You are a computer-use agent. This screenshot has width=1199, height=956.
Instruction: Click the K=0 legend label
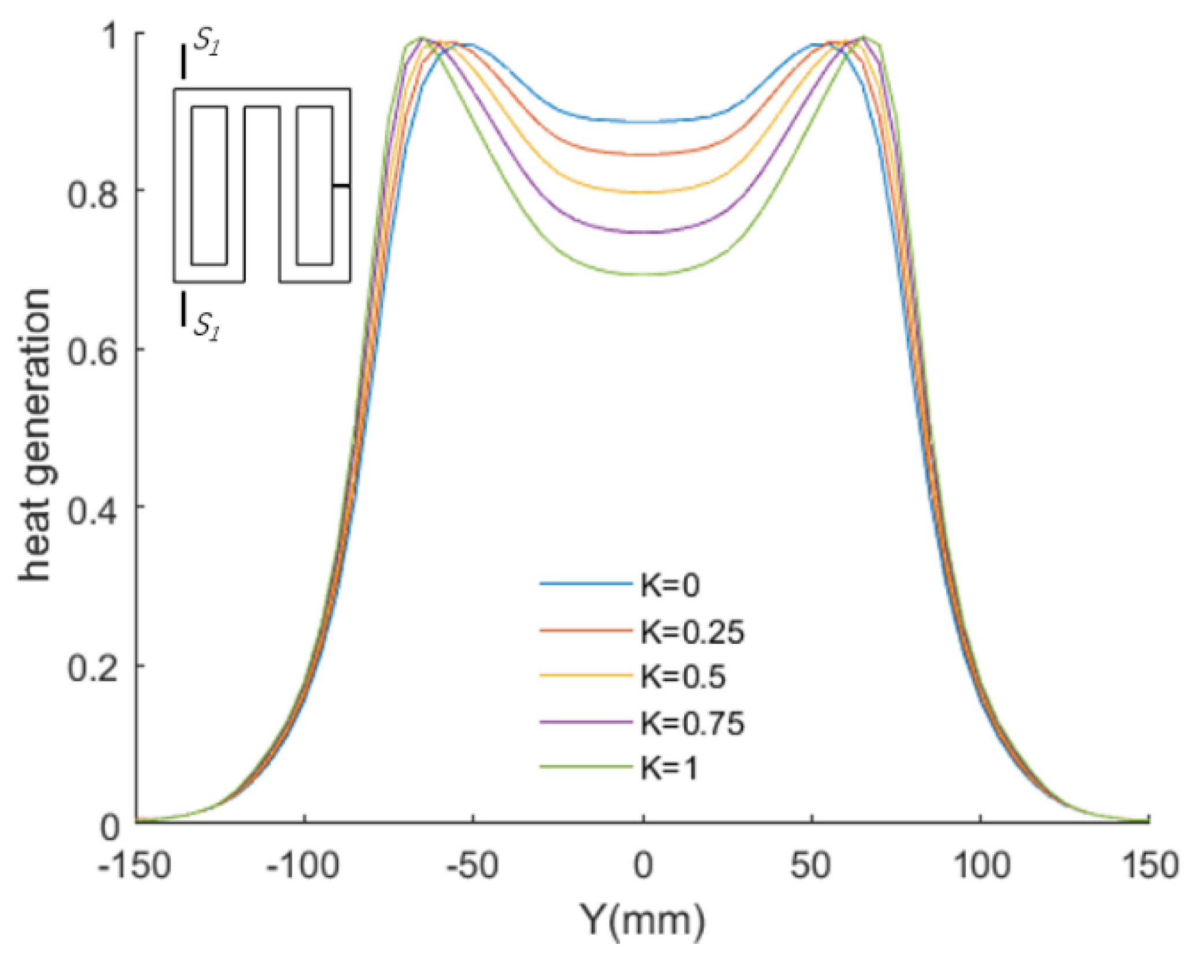coord(670,585)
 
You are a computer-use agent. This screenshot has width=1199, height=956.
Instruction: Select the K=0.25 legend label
coord(692,632)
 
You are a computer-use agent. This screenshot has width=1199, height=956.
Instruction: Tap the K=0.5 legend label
coord(682,677)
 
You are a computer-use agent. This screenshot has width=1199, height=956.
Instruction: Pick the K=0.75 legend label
coord(692,723)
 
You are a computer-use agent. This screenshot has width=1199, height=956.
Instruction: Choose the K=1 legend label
coord(669,769)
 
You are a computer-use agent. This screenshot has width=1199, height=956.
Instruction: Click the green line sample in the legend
coord(585,767)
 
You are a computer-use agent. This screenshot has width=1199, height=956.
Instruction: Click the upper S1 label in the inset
coord(206,45)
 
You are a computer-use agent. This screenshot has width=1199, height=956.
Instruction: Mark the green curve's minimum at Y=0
coord(642,274)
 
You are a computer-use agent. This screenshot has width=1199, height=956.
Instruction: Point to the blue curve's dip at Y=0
coord(642,122)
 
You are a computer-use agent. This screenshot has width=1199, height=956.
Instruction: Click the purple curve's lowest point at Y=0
coord(642,232)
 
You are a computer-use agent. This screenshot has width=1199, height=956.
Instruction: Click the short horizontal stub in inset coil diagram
coord(341,186)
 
